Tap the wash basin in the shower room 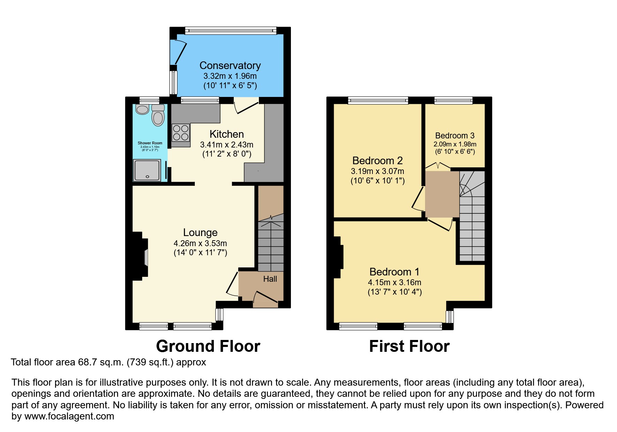pyautogui.click(x=142, y=109)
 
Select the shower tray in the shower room pyautogui.click(x=147, y=170)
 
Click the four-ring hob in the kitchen pyautogui.click(x=181, y=132)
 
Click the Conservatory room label pyautogui.click(x=230, y=66)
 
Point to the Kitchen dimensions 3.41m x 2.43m pyautogui.click(x=226, y=144)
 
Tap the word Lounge pyautogui.click(x=200, y=233)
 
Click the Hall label pyautogui.click(x=270, y=279)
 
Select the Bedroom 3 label pyautogui.click(x=455, y=136)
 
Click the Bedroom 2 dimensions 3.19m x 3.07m pyautogui.click(x=377, y=171)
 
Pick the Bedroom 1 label pyautogui.click(x=394, y=272)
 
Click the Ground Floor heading pyautogui.click(x=208, y=346)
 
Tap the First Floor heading pyautogui.click(x=409, y=346)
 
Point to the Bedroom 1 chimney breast pyautogui.click(x=338, y=257)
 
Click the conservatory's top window pyautogui.click(x=230, y=31)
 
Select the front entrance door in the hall pyautogui.click(x=266, y=297)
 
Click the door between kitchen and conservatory pyautogui.click(x=246, y=106)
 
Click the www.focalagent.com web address pyautogui.click(x=69, y=416)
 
